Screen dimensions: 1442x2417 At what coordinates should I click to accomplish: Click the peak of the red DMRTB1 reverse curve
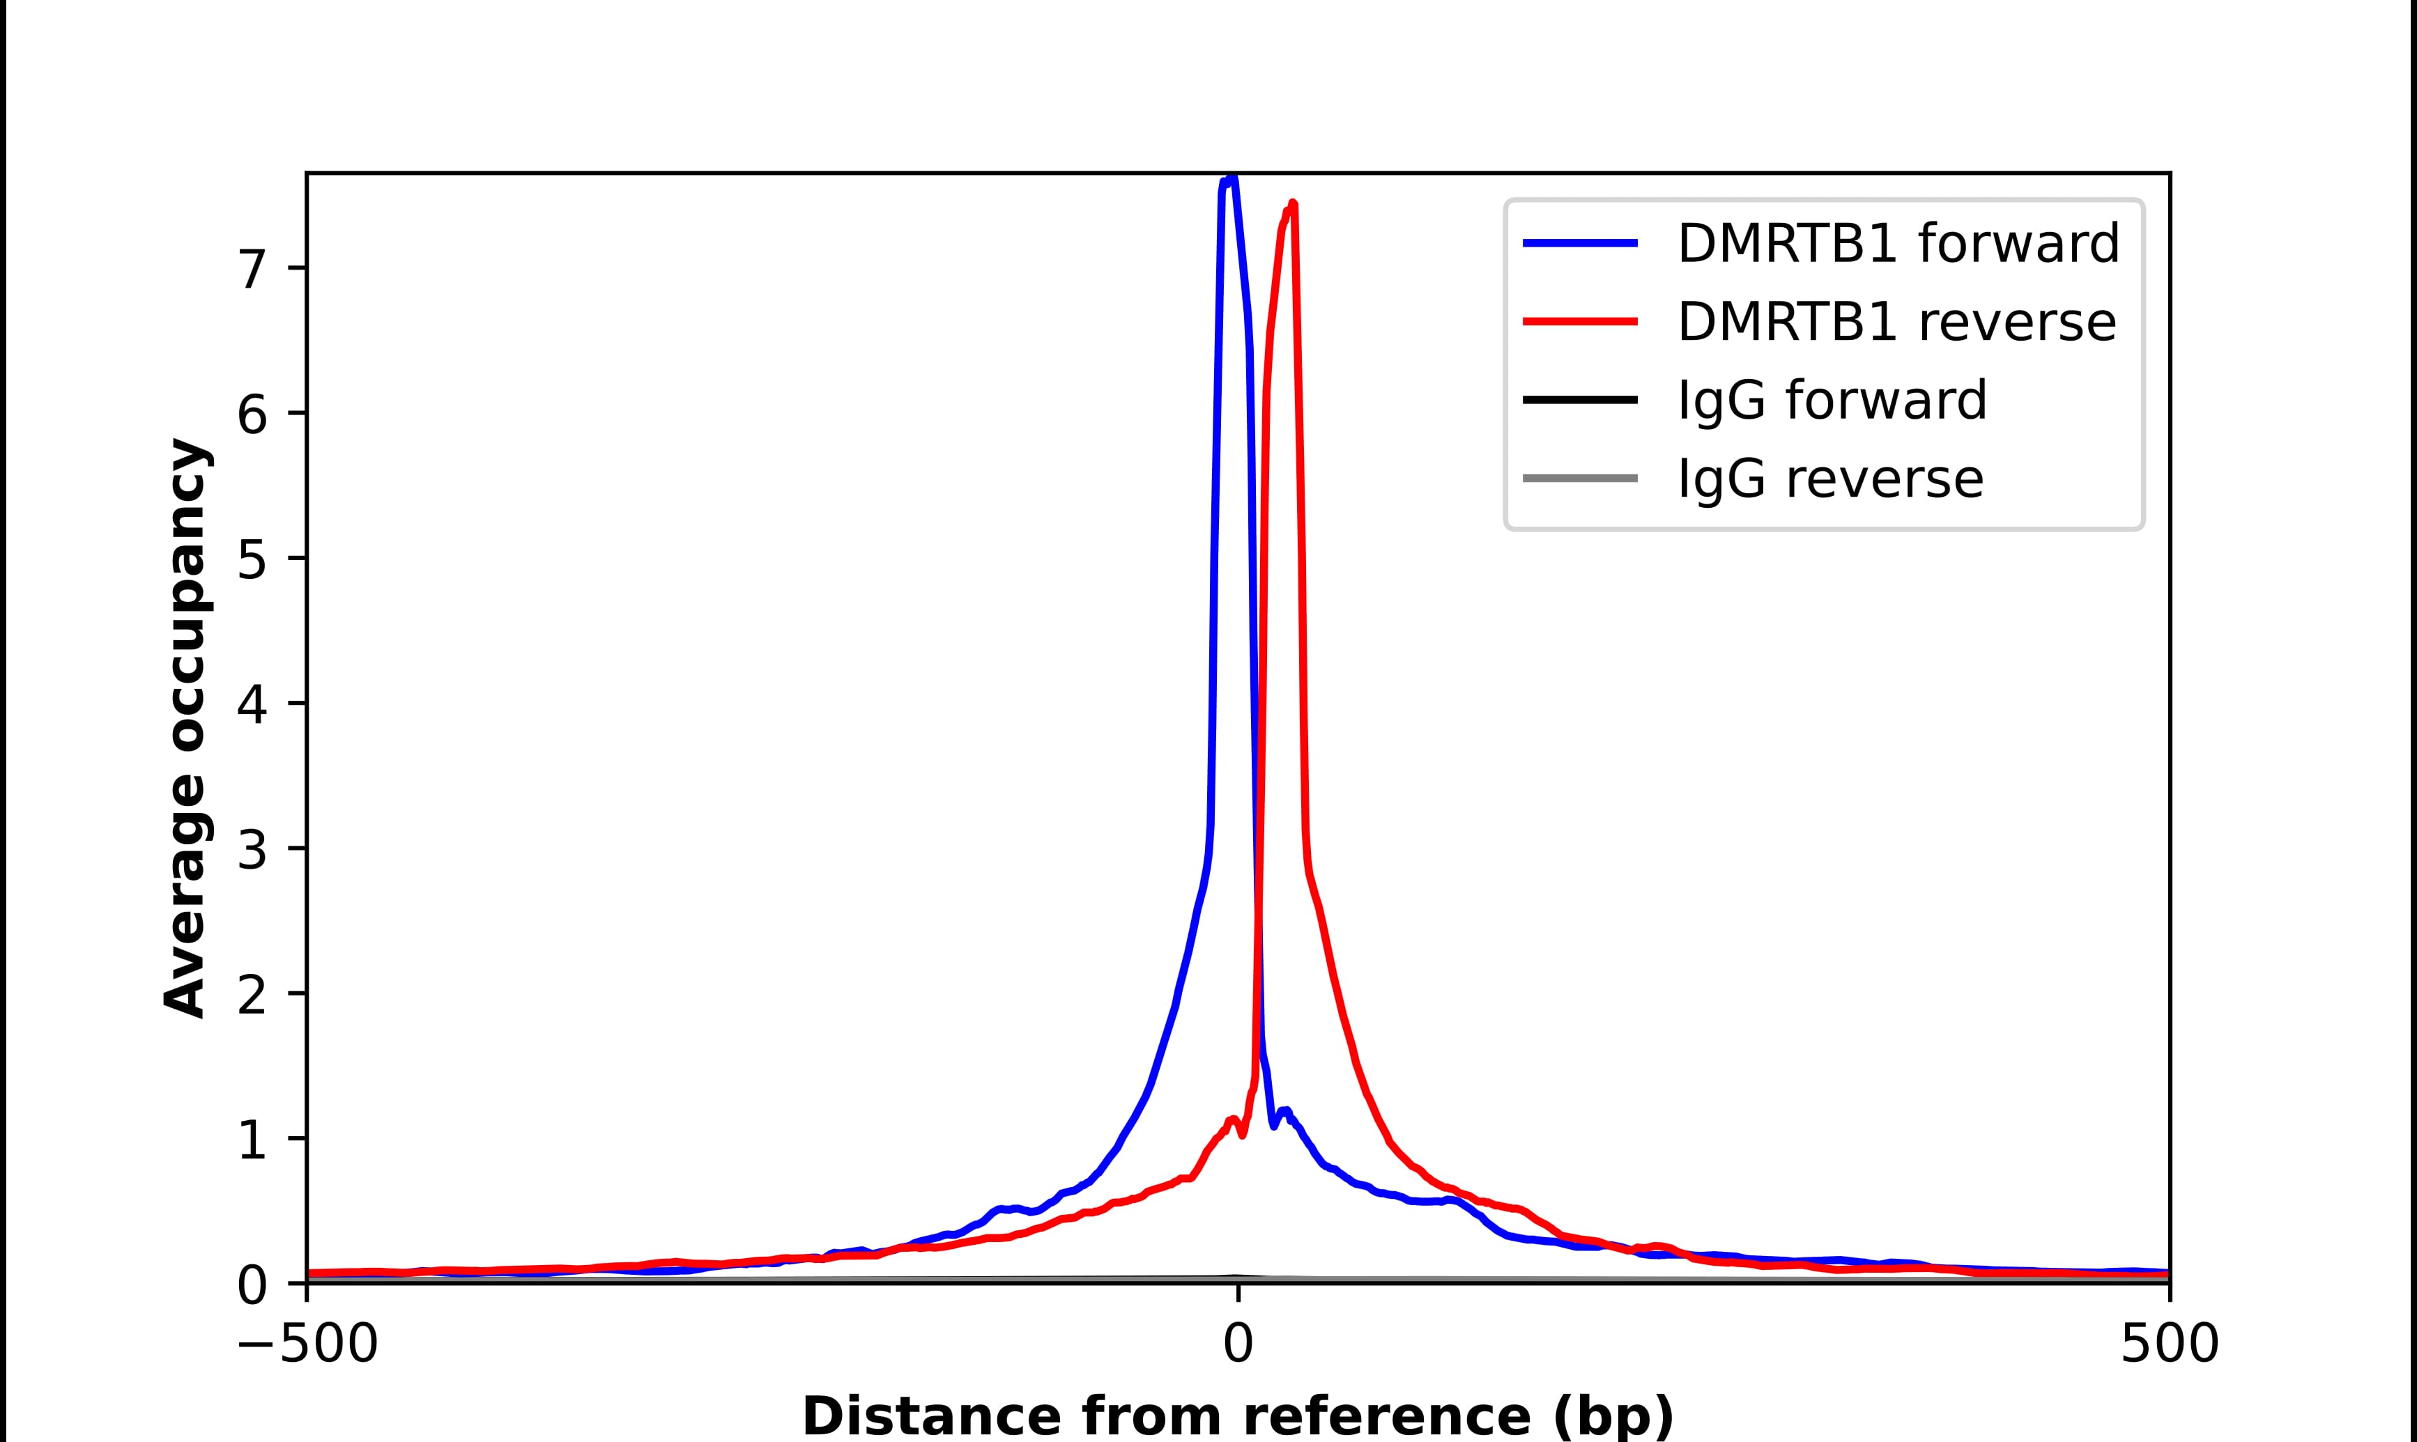pyautogui.click(x=1293, y=204)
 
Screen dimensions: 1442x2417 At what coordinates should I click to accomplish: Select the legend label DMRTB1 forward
pyautogui.click(x=1898, y=243)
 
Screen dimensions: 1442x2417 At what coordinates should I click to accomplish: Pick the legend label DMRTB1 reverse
pyautogui.click(x=1896, y=322)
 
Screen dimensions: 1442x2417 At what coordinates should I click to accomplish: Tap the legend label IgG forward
pyautogui.click(x=1832, y=401)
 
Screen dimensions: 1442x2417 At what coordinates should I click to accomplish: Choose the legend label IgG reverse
pyautogui.click(x=1830, y=479)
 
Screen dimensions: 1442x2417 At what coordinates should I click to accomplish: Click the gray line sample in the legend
pyautogui.click(x=1580, y=478)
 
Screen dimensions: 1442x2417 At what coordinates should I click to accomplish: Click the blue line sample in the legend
pyautogui.click(x=1580, y=243)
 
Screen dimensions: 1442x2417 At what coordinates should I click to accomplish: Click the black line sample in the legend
pyautogui.click(x=1580, y=399)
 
